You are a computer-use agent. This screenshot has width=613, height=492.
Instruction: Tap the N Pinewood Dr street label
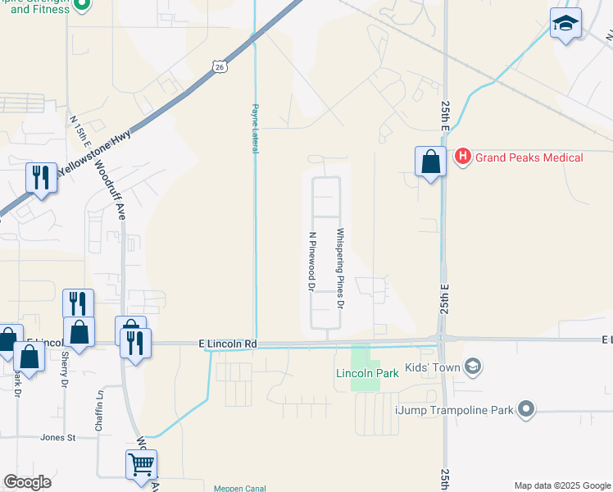click(x=312, y=261)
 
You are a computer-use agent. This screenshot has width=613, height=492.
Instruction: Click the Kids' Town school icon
click(x=472, y=367)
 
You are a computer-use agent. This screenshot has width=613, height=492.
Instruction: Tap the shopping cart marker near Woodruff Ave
click(x=141, y=465)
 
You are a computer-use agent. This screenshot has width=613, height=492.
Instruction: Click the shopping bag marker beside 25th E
click(x=430, y=162)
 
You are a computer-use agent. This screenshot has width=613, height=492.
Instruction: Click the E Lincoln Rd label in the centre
click(x=228, y=344)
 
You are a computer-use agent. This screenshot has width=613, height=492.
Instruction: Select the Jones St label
click(x=58, y=438)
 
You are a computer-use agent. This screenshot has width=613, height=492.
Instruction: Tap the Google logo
click(x=27, y=482)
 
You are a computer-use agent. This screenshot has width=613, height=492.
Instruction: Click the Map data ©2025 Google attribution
click(x=562, y=485)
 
